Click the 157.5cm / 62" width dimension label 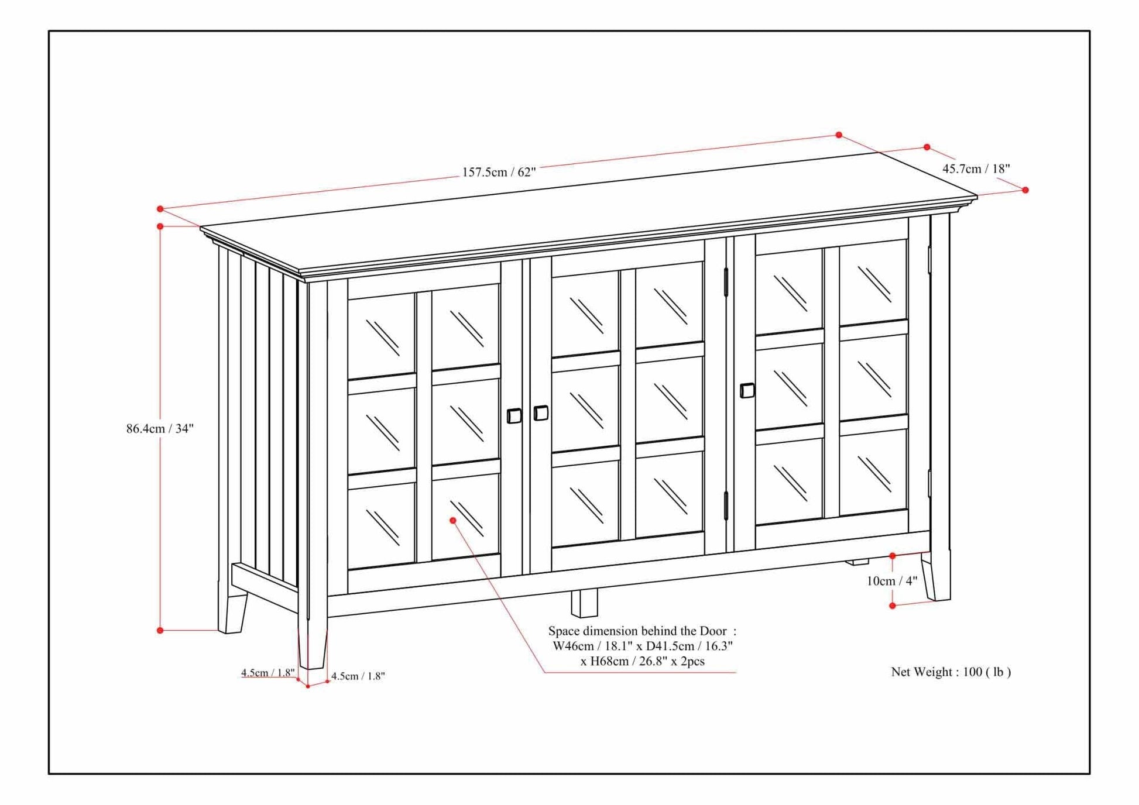[499, 172]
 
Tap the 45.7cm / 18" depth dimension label [976, 169]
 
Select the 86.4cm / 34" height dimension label [160, 428]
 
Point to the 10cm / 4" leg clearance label [892, 581]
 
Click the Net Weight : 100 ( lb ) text [951, 672]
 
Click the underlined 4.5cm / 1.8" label [267, 673]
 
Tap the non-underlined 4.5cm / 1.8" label [358, 676]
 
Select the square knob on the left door [514, 416]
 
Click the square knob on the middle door [541, 413]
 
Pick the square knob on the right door [747, 390]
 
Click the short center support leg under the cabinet [584, 603]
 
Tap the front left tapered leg [312, 646]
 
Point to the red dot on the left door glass [452, 520]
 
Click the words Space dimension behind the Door [637, 631]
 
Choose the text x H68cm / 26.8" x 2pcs [642, 662]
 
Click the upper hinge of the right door [726, 282]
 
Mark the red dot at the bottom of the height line [160, 630]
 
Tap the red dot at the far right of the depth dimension [1025, 190]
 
